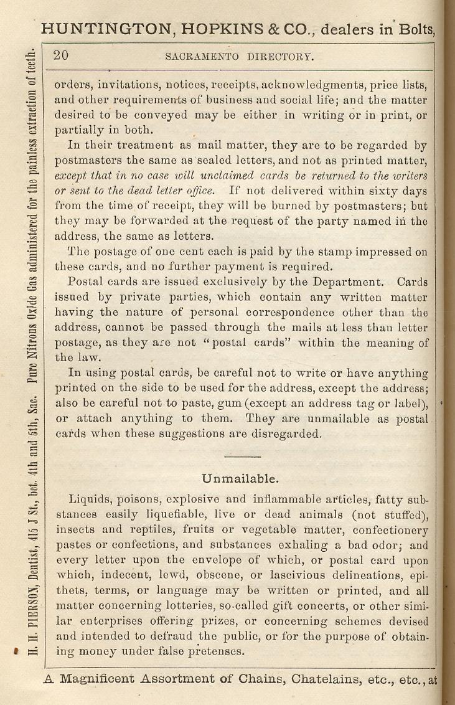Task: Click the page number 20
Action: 61,55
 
